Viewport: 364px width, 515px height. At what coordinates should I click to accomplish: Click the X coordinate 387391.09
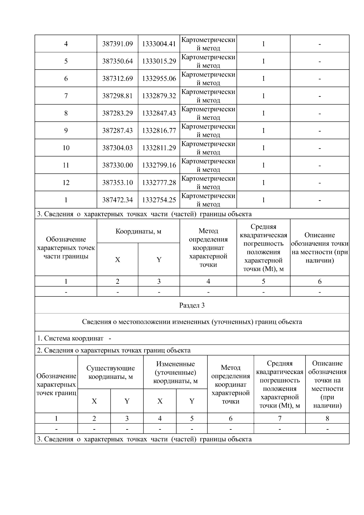click(117, 44)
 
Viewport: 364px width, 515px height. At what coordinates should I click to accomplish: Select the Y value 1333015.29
click(159, 61)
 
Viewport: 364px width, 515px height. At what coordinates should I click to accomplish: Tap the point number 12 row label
click(66, 182)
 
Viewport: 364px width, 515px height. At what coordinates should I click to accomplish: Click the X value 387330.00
click(117, 165)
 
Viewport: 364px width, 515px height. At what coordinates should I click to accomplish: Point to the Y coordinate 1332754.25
click(159, 200)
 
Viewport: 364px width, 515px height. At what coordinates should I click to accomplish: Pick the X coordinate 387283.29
click(117, 113)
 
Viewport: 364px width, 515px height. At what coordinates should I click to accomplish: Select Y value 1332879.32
click(159, 96)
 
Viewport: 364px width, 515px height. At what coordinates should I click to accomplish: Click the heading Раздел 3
click(192, 305)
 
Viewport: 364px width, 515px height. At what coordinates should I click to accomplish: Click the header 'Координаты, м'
click(138, 232)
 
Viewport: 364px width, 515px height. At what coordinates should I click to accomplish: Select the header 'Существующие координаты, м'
click(110, 372)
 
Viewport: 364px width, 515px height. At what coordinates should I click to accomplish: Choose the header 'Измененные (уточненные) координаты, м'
click(175, 372)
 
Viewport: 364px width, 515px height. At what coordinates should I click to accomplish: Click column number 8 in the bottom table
click(327, 418)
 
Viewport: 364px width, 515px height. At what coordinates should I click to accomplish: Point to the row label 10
click(66, 148)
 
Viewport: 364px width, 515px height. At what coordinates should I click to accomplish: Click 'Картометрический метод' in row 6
click(208, 79)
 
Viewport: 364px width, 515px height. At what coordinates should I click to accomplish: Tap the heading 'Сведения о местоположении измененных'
click(192, 322)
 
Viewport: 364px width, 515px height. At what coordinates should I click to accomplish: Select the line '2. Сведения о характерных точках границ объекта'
click(114, 350)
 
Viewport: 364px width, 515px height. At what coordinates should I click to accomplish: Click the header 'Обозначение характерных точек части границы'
click(66, 248)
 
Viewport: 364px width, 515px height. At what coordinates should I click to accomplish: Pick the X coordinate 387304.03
click(117, 148)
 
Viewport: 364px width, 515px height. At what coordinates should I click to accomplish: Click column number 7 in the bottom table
click(279, 418)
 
